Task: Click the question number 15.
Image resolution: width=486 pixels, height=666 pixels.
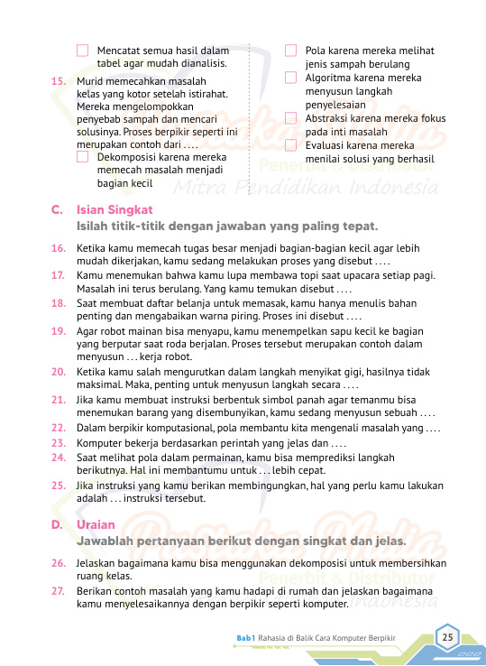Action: (58, 81)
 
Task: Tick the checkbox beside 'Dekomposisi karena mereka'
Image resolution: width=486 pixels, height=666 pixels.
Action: (83, 157)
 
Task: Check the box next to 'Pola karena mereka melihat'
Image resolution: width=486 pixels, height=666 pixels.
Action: (290, 51)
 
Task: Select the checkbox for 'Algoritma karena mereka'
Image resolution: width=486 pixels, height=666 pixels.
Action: (290, 79)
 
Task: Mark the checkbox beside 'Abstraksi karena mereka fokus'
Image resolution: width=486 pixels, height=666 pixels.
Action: (290, 118)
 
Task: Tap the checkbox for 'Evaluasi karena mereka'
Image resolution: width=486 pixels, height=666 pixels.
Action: (290, 145)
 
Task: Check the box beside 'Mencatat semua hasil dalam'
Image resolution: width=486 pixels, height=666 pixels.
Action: (83, 51)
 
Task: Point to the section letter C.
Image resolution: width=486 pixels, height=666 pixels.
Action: (57, 209)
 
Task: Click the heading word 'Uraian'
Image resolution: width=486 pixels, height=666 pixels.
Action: (96, 524)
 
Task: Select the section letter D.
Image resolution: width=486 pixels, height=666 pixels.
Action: (57, 524)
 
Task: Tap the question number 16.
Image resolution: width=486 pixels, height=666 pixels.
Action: (58, 247)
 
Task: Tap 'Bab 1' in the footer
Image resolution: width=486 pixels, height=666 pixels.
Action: (246, 638)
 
